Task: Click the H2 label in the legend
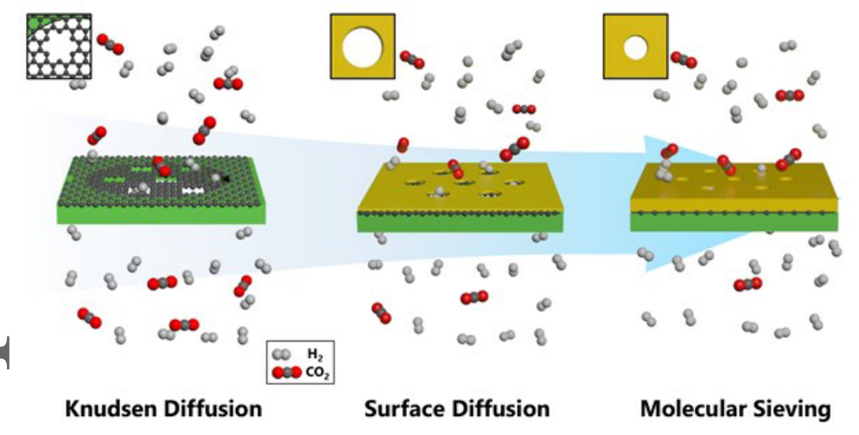(313, 355)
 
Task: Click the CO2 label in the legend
(317, 374)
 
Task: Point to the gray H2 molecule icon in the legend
(283, 355)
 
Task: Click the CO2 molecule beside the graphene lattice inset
(111, 44)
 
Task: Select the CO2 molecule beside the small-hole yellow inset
(684, 60)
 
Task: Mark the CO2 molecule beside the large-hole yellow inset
(412, 60)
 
